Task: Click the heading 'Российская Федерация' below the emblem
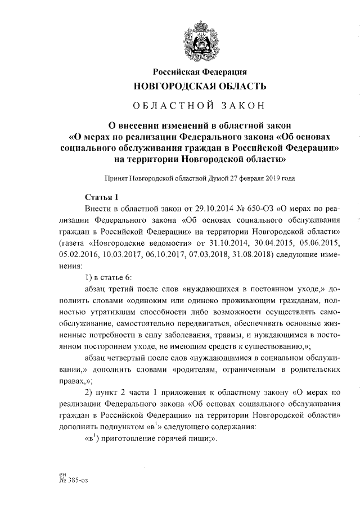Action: (x=200, y=71)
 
